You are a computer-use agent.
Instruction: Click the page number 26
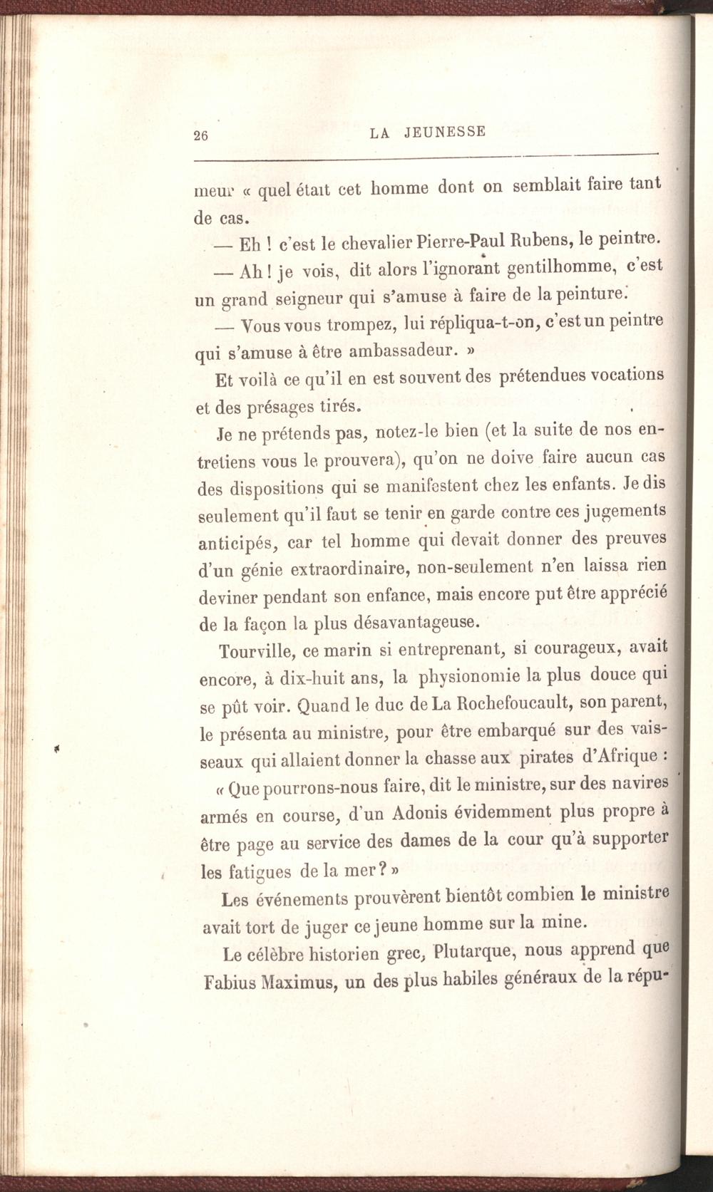click(x=200, y=137)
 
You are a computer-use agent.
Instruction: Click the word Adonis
click(x=394, y=814)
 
